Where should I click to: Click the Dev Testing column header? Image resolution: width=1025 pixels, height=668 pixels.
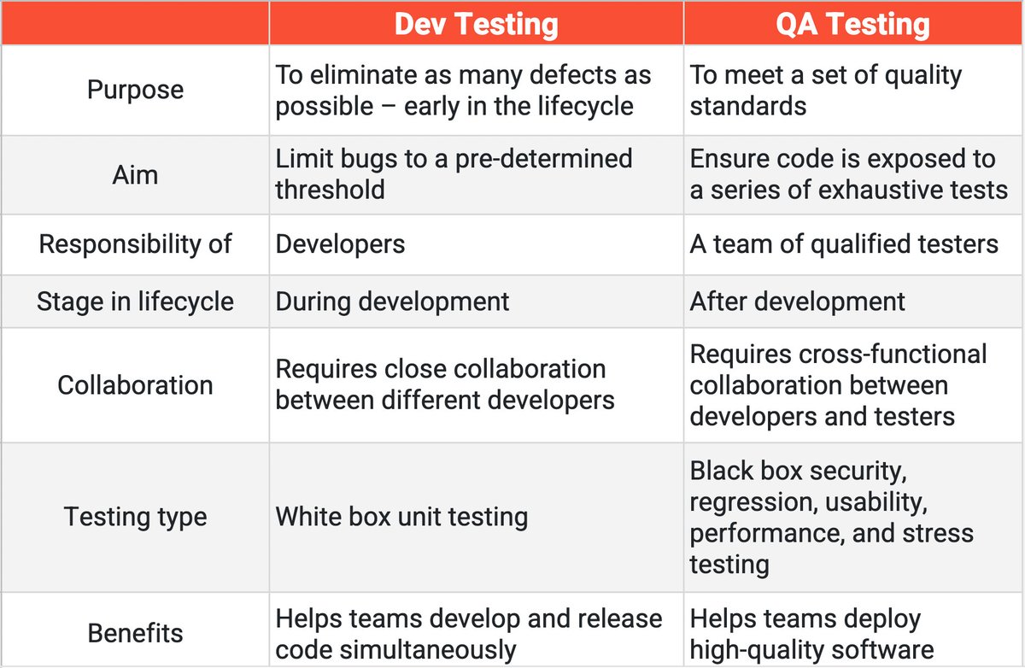coord(476,24)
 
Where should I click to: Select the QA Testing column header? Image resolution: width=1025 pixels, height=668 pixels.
coord(852,24)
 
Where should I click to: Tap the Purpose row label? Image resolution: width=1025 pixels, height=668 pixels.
coord(135,90)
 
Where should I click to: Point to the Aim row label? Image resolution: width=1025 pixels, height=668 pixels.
coord(135,174)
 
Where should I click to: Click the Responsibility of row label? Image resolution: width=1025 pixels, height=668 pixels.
coord(135,244)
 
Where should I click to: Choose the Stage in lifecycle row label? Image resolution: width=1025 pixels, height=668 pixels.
coord(135,302)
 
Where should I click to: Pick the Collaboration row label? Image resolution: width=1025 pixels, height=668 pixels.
coord(135,384)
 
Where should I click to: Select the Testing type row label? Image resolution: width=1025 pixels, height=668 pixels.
coord(135,517)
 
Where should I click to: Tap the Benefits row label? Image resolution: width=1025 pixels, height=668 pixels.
coord(135,633)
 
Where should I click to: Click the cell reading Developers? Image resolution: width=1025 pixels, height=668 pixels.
coord(340,244)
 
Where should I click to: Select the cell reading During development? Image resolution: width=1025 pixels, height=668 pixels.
coord(392,302)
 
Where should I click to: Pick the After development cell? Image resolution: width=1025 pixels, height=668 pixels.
coord(798,302)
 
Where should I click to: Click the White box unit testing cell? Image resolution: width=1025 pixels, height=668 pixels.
coord(401,517)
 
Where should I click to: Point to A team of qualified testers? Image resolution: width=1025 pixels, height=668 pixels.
coord(844,244)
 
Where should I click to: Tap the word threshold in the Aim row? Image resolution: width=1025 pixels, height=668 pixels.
coord(330,189)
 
